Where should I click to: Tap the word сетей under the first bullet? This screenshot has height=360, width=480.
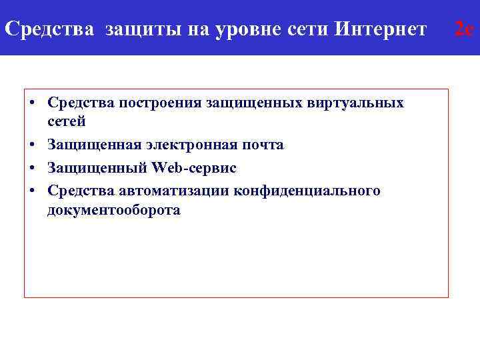click(67, 121)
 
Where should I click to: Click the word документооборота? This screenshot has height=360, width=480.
click(114, 210)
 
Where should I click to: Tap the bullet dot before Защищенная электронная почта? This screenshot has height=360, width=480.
click(32, 145)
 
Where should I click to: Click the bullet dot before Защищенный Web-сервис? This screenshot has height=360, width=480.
click(32, 168)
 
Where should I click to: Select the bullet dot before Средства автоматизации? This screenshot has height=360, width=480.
click(32, 191)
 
